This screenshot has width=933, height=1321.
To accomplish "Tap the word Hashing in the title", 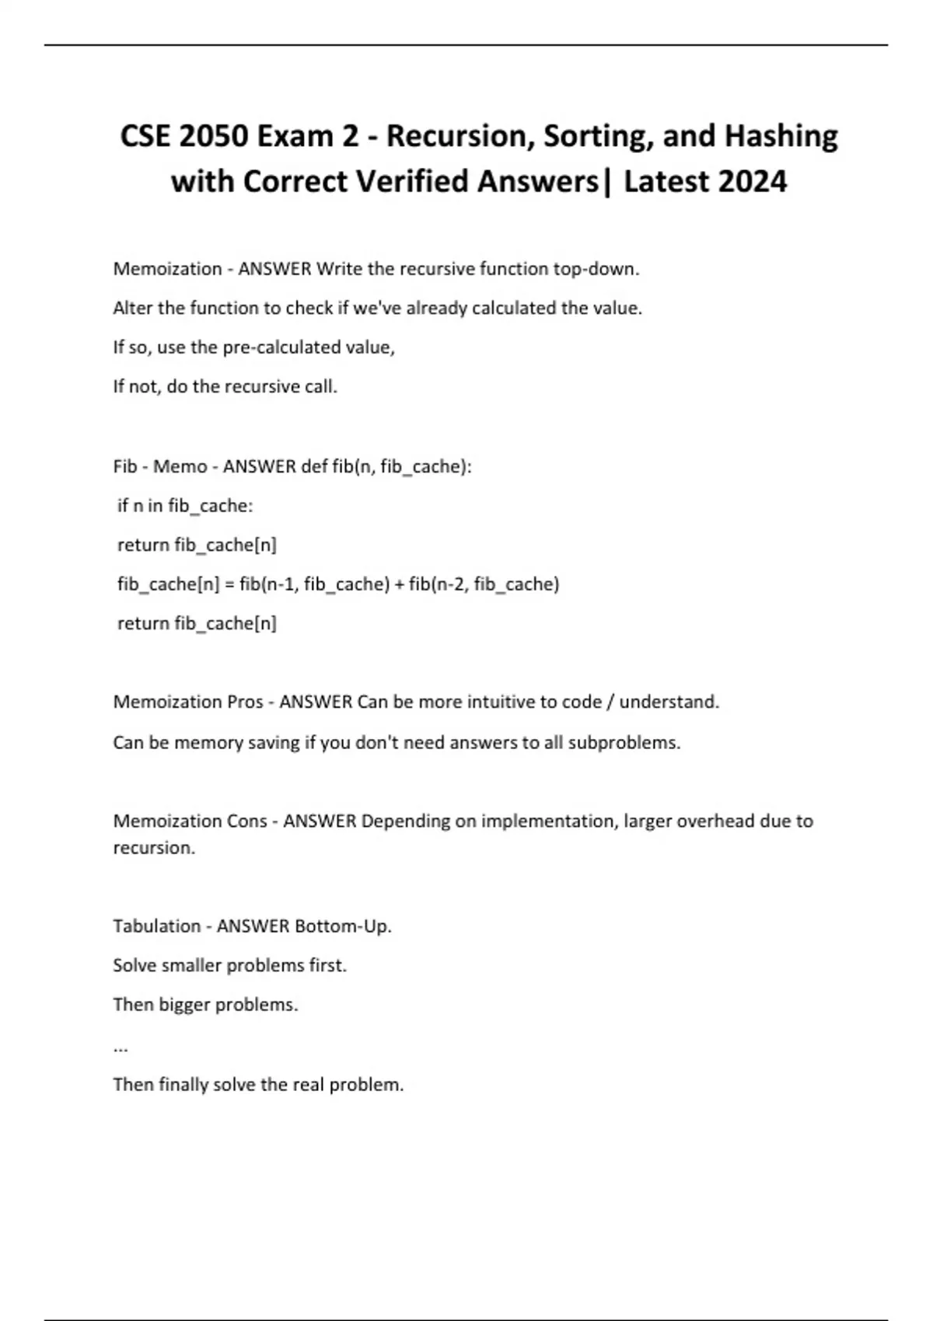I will click(x=781, y=136).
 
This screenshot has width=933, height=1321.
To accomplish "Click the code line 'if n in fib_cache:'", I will click(x=185, y=506).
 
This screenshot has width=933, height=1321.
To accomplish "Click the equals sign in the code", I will click(x=229, y=584).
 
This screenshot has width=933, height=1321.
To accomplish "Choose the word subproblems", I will click(x=624, y=743).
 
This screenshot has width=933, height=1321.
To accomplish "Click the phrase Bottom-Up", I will click(x=343, y=926).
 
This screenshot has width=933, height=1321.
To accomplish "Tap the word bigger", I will click(x=184, y=1005).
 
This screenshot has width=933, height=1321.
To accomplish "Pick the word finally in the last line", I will click(x=182, y=1085).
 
